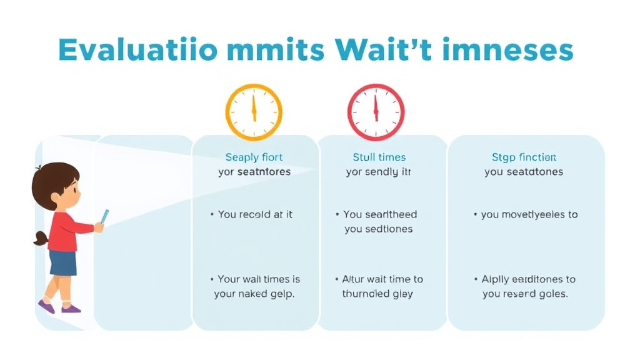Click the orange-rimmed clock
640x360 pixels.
[254, 112]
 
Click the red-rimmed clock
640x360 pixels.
[376, 112]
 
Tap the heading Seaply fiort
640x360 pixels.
[254, 157]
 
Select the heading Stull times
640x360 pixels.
[379, 157]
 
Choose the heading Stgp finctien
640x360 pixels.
[524, 157]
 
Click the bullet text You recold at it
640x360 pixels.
[255, 214]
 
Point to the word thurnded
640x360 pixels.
[366, 294]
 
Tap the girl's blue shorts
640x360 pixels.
[62, 262]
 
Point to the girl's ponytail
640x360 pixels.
[41, 238]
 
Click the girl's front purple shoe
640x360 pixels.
[71, 308]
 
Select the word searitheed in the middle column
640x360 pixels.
[391, 214]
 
